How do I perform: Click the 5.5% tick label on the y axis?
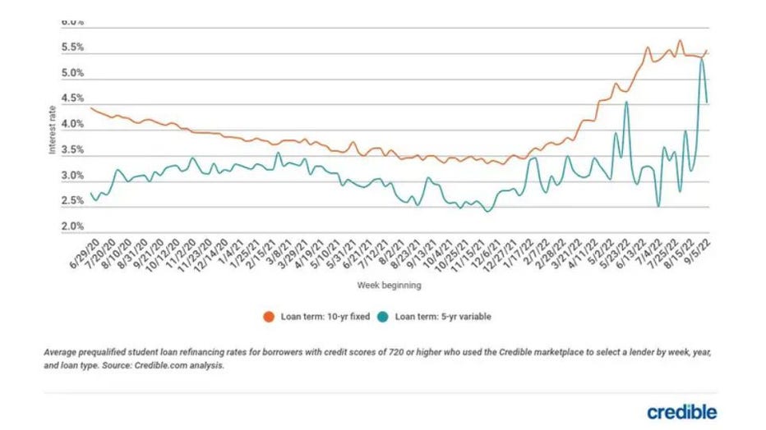point(73,48)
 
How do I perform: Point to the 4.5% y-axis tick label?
point(73,98)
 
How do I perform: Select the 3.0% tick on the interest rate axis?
point(73,176)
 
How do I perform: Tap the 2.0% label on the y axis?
point(73,226)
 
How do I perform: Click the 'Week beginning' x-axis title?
point(390,286)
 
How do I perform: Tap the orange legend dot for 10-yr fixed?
point(268,316)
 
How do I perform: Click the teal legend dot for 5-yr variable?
point(384,316)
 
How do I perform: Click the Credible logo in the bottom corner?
point(681,411)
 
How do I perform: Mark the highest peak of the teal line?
point(702,58)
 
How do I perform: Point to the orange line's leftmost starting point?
point(90,107)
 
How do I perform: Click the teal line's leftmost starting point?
point(90,194)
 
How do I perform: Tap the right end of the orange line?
point(707,50)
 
